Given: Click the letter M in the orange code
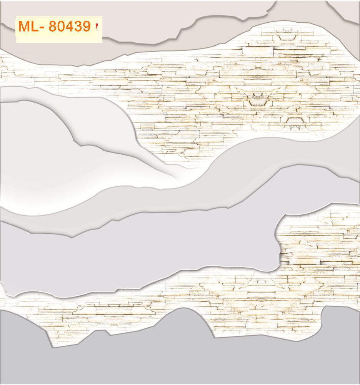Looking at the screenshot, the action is pos(24,27).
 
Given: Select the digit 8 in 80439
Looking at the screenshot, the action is pos(53,27).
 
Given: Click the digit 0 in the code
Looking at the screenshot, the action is pos(62,27).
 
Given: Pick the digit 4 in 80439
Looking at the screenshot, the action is pos(71,27).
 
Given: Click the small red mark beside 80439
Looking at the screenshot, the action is pos(96,26).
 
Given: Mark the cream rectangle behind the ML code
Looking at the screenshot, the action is pos(58,37).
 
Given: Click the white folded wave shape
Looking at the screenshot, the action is pos(58,162).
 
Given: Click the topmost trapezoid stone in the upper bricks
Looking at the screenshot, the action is pos(285,38).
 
